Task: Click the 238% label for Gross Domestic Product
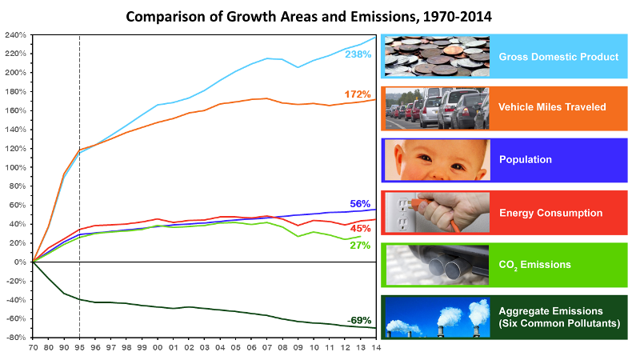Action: (358, 54)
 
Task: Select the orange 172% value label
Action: (358, 94)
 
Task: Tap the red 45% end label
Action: (362, 229)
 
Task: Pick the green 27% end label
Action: (360, 246)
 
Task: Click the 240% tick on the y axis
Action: (15, 35)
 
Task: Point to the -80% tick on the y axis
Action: (15, 338)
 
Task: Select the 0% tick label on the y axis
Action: (20, 262)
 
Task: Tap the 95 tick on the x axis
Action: (79, 349)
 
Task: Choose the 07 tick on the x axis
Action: (266, 349)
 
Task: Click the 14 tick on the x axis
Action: (376, 349)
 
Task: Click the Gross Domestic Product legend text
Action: (558, 57)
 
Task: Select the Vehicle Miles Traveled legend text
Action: (552, 108)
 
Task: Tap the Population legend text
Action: (525, 159)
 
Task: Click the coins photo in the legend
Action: (436, 57)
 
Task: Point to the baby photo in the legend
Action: (436, 159)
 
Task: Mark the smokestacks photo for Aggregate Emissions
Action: (436, 316)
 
